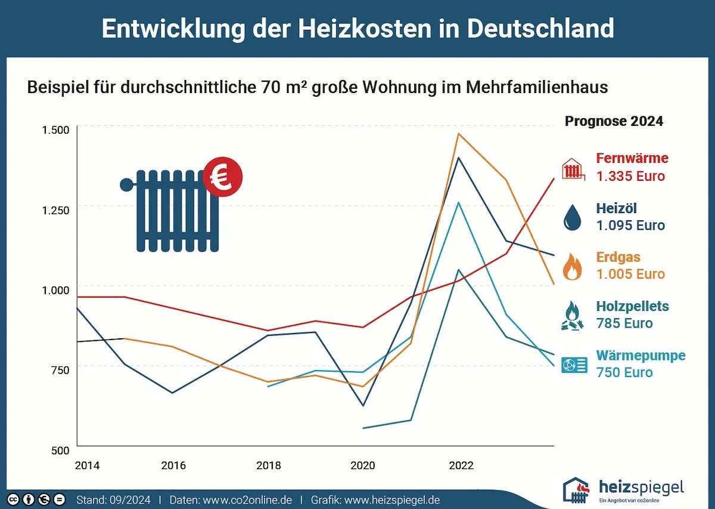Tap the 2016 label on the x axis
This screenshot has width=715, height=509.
click(173, 465)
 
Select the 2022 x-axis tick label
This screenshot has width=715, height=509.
click(461, 465)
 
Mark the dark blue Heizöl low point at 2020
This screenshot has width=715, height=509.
click(363, 406)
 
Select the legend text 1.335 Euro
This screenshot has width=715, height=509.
click(630, 177)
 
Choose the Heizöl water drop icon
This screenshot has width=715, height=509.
click(573, 217)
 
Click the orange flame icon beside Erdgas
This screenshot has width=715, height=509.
click(573, 267)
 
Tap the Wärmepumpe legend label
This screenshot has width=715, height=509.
click(641, 356)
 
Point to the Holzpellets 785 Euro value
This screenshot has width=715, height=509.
click(624, 323)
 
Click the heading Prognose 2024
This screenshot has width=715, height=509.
click(614, 121)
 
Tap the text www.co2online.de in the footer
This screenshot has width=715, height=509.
click(247, 499)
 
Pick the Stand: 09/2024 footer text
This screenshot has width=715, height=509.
click(113, 499)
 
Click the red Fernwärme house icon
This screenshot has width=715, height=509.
click(573, 168)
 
